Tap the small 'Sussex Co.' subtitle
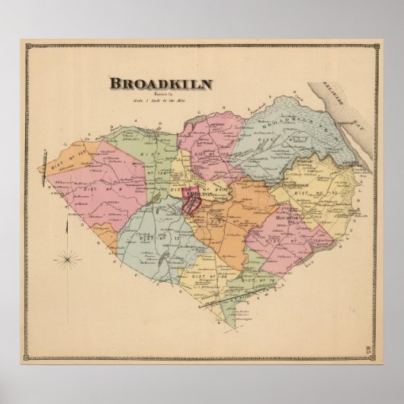tap(159, 95)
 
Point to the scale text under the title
tap(159, 101)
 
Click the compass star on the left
tap(68, 259)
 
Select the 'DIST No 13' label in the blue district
tap(149, 239)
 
